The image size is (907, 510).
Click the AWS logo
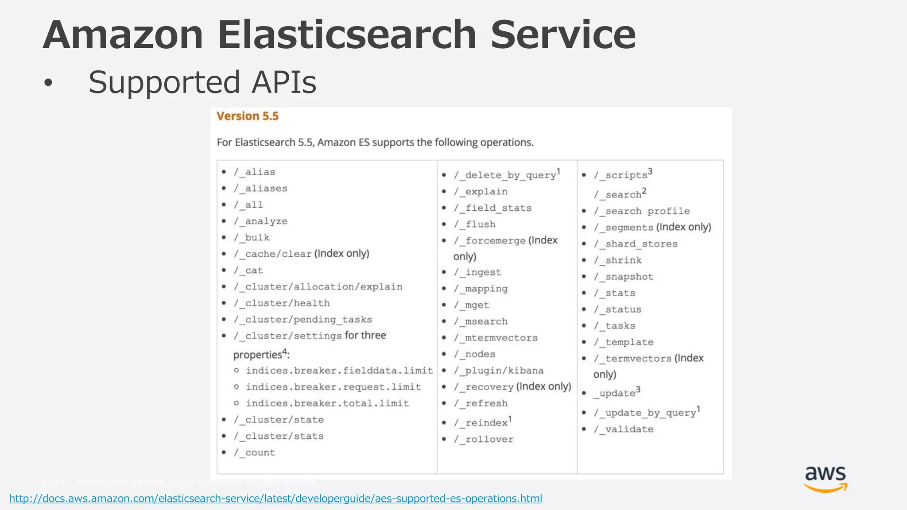pos(826,479)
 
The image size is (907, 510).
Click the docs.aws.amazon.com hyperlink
pos(275,498)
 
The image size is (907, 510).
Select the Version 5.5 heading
pos(248,116)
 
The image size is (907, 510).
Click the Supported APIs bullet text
pos(202,82)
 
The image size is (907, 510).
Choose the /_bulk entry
pos(252,238)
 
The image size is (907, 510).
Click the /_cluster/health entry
pos(282,303)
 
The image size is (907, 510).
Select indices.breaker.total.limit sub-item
pos(327,403)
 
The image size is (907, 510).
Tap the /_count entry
pos(255,452)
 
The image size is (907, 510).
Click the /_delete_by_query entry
pos(505,175)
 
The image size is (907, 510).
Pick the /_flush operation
pos(474,224)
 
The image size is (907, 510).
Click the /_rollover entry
pos(484,439)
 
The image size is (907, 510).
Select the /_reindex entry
pos(481,423)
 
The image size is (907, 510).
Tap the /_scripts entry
pos(621,175)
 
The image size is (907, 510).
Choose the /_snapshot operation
pos(624,277)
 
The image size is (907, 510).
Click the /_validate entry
pos(624,429)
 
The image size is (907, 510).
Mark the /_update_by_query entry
pos(645,413)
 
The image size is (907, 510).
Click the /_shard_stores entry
pos(636,244)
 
